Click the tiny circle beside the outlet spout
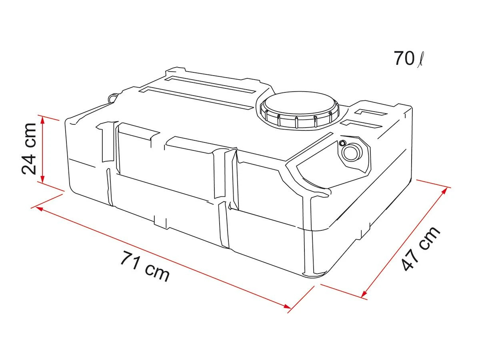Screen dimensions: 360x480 (342, 143)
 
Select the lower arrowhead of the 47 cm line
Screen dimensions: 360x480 (364, 295)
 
